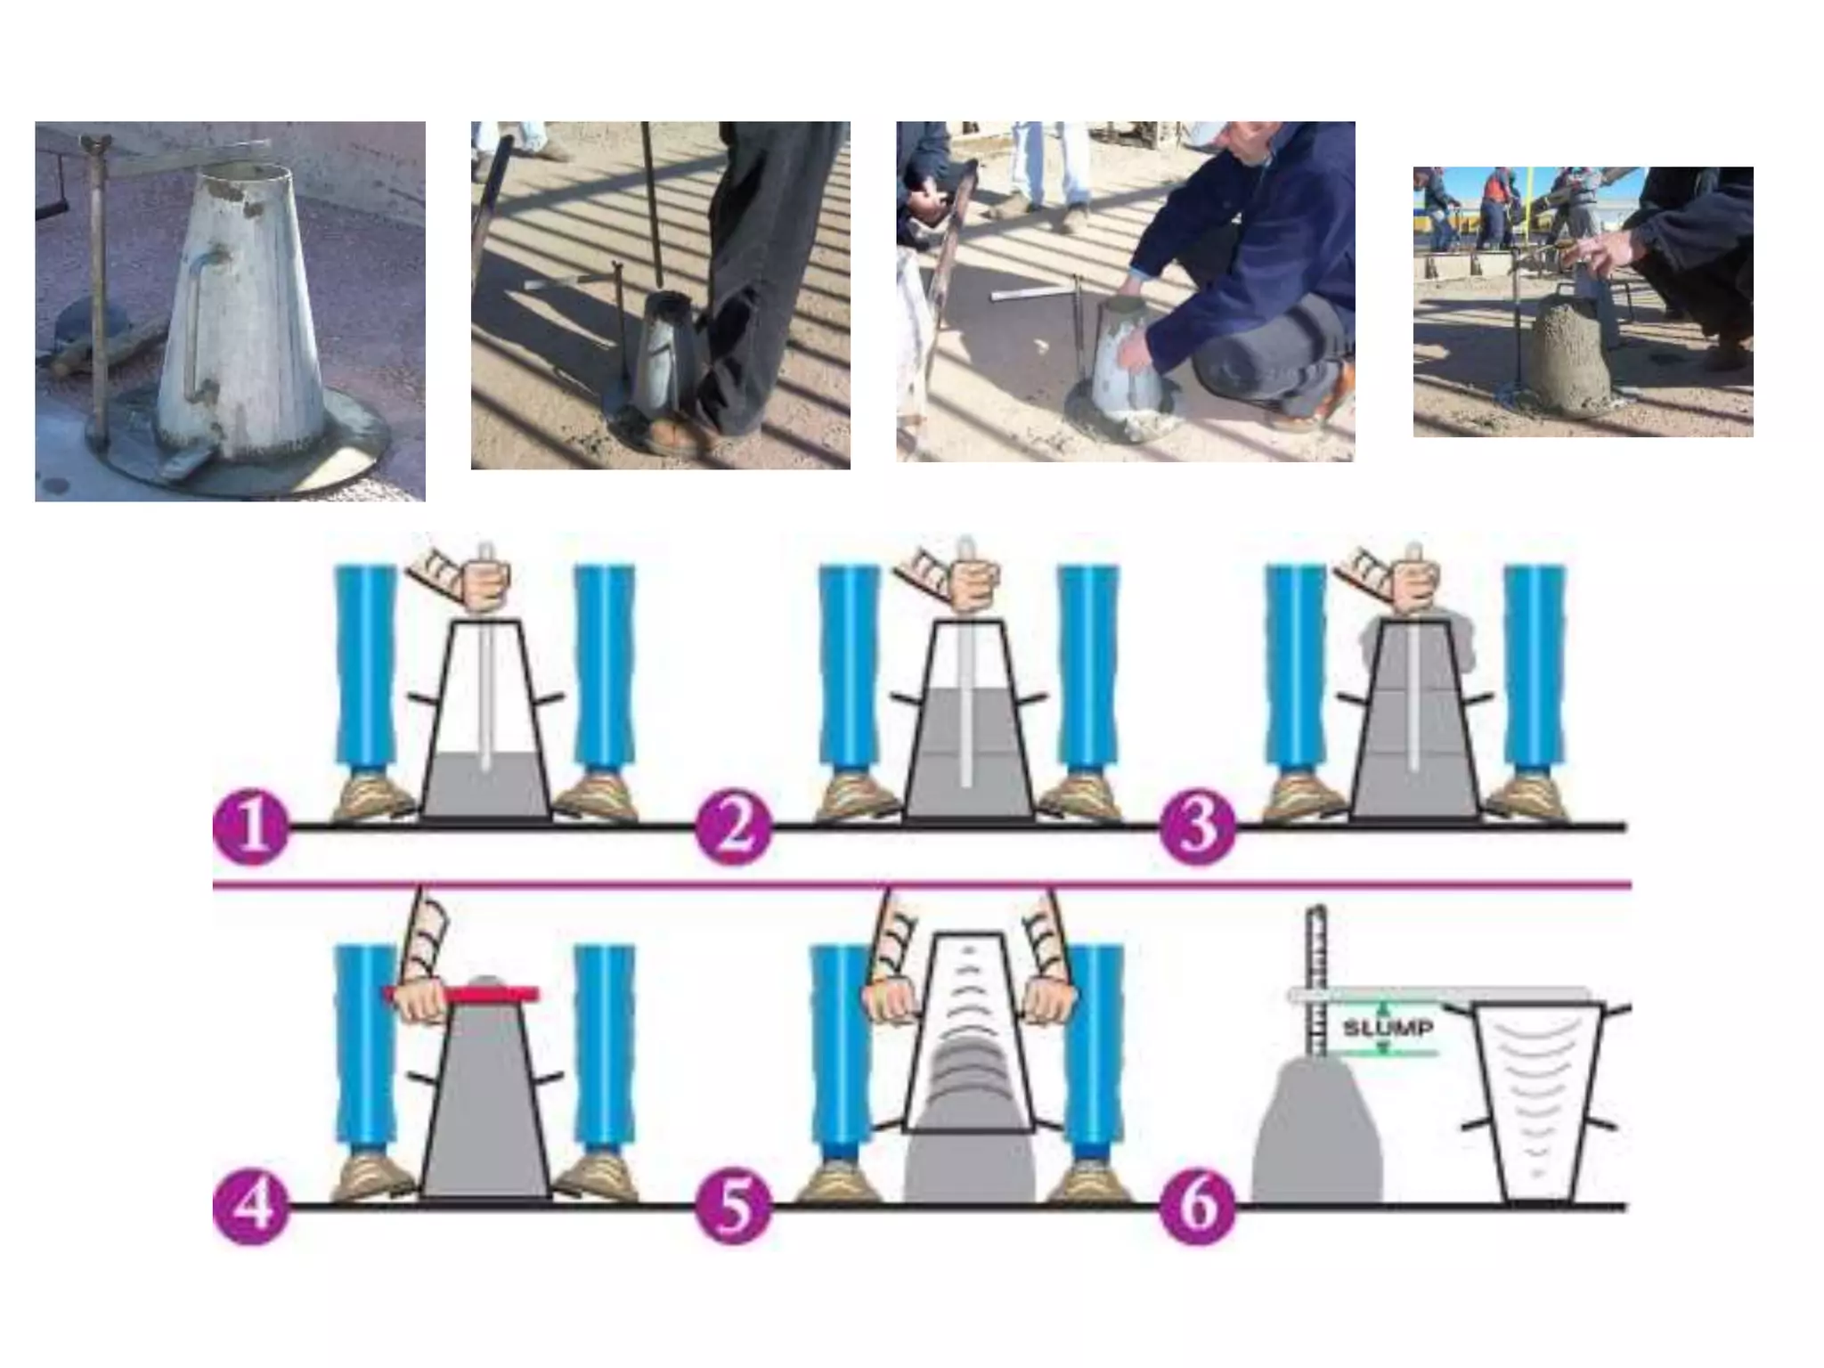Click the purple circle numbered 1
tap(252, 827)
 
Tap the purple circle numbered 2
tap(734, 827)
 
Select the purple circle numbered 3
tap(1198, 827)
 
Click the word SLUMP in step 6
tap(1388, 1028)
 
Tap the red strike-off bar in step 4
tap(462, 994)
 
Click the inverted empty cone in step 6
tap(1538, 1103)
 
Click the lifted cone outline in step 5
tap(970, 1033)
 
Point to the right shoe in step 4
tap(595, 1176)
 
